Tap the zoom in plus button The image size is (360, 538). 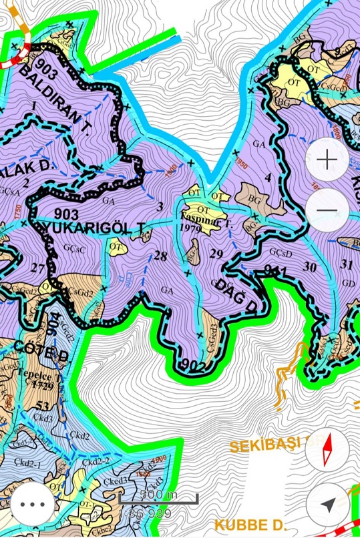327,160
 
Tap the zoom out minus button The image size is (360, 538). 327,210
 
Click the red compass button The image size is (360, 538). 327,451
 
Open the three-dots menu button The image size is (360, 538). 32,504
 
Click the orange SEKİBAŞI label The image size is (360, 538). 266,445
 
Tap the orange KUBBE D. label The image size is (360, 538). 250,523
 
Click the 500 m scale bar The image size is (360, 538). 158,496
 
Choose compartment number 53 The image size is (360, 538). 45,407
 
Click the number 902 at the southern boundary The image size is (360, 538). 192,365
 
